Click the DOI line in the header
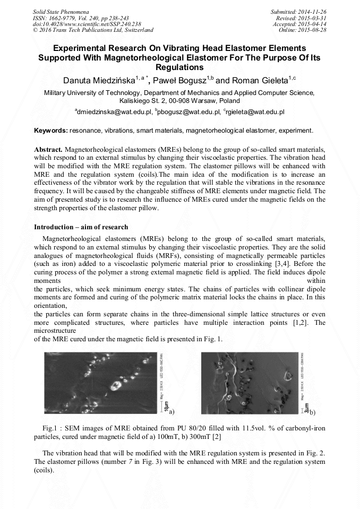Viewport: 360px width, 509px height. tap(87, 24)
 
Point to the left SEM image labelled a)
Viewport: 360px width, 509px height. tap(100, 383)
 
